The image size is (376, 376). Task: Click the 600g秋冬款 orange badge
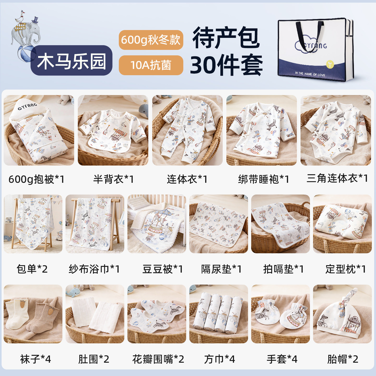(151, 40)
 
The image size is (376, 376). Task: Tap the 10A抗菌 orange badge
(151, 65)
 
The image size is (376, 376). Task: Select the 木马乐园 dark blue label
(72, 61)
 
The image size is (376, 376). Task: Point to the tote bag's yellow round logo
(330, 64)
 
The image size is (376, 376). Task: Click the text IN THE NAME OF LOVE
(310, 74)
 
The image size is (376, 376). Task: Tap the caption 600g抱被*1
(37, 179)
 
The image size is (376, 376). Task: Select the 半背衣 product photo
(113, 130)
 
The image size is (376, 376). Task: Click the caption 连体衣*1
(187, 179)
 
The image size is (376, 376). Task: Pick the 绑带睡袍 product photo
(261, 130)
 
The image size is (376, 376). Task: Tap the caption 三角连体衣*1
(337, 179)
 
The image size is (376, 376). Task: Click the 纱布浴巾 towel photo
(95, 224)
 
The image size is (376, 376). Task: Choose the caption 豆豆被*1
(162, 269)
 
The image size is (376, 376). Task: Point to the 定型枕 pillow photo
(342, 224)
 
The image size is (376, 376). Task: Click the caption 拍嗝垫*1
(283, 269)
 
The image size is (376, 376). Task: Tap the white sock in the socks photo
(16, 315)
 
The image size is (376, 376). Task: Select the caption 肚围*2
(93, 359)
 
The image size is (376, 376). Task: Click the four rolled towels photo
(218, 313)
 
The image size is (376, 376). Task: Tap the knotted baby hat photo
(342, 313)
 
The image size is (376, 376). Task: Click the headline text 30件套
(226, 65)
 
